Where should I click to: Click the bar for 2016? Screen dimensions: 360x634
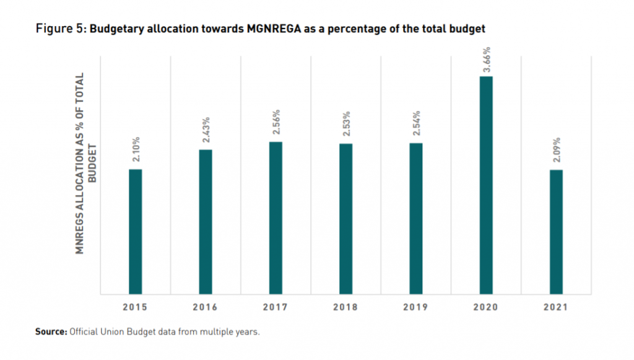coord(206,221)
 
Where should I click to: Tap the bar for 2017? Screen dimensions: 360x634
coord(276,217)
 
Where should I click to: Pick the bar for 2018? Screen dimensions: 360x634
coord(345,219)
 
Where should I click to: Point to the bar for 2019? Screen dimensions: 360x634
coord(416,218)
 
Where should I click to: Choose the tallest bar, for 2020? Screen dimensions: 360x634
coord(486,185)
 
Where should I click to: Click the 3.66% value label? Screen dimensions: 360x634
coord(487,59)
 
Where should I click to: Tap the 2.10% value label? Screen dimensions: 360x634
coord(136,150)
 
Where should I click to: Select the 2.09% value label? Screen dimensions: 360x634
coord(557,151)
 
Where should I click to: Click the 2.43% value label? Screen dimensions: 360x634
coord(206,131)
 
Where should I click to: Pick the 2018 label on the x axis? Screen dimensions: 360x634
coord(345,307)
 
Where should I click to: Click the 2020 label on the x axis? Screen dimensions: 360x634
coord(486,307)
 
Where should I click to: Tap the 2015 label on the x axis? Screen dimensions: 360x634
coord(135,307)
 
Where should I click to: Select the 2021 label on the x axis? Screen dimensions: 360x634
coord(557,307)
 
